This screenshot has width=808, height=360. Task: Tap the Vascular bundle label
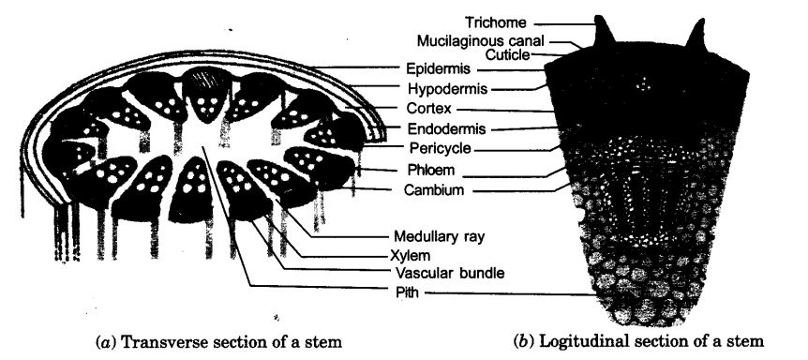coord(438,273)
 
